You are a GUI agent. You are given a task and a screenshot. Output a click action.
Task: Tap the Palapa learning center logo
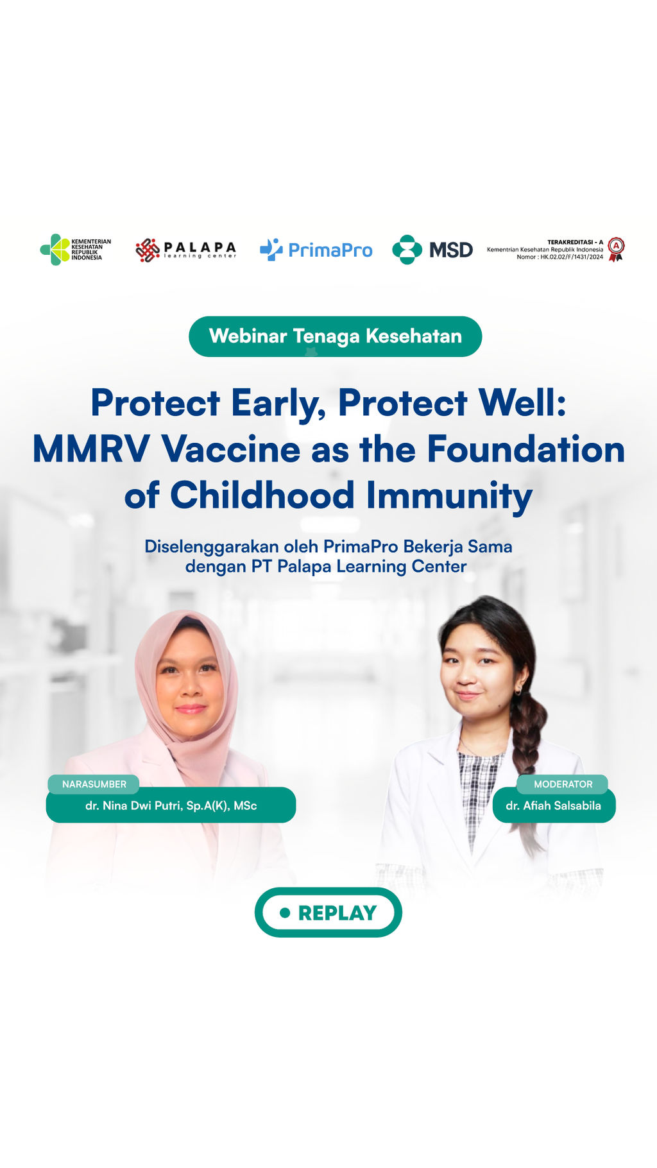tap(186, 250)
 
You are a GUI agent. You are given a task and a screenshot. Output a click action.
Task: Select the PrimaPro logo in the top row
tap(316, 250)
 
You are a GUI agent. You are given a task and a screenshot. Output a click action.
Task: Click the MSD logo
tap(432, 250)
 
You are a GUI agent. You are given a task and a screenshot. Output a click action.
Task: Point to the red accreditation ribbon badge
tap(616, 249)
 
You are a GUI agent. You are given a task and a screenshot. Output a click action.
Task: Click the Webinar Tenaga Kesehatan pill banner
tap(335, 336)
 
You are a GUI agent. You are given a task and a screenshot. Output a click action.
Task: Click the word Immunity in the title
tap(449, 496)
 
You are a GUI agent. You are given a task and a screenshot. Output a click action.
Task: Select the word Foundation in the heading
tap(526, 449)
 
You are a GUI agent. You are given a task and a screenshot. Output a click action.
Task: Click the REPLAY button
tap(328, 912)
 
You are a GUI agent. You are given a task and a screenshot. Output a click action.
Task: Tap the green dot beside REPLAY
tap(285, 913)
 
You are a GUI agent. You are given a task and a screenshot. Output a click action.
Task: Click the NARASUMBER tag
tap(94, 784)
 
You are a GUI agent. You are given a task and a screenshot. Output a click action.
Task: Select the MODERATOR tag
tap(563, 784)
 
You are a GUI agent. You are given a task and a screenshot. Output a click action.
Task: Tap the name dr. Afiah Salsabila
tap(553, 805)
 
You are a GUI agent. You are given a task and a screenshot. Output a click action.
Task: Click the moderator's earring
tap(518, 691)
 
